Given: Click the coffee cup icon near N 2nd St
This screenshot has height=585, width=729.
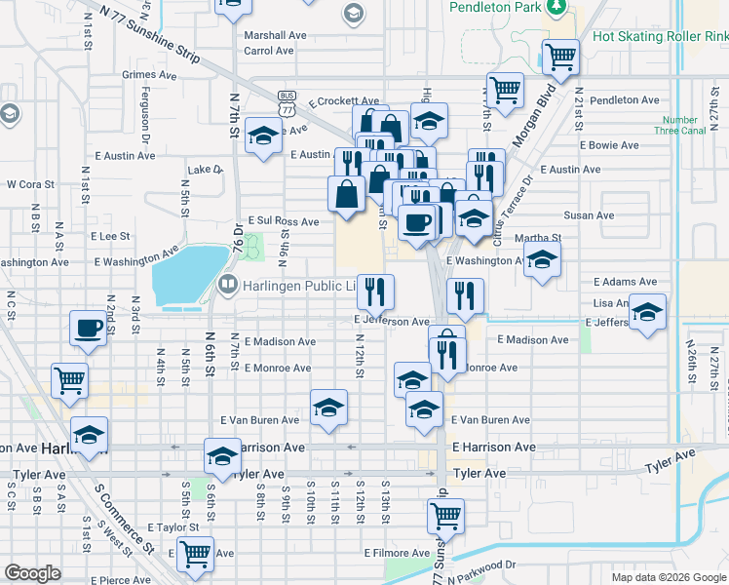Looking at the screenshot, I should point(89,328).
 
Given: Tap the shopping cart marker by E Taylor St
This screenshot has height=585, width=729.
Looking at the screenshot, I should point(196,554).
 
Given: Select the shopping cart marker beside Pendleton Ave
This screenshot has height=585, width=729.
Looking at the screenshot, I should point(505,90).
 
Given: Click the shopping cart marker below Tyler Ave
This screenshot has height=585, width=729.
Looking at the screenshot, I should point(445,516).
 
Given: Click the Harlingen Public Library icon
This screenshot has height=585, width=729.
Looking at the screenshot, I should point(227,285).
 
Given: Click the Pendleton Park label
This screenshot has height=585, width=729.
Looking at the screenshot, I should point(494,7).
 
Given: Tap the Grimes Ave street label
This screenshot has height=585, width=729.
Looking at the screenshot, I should point(149,74).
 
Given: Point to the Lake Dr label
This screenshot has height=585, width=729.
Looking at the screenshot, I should point(205,169).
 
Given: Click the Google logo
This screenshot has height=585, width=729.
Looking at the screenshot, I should point(33,573).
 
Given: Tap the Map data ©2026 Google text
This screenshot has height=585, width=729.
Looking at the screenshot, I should point(668,577).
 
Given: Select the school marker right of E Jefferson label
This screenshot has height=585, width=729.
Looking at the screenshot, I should point(647,312).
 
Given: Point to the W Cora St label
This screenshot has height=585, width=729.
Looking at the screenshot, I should point(30,183).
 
